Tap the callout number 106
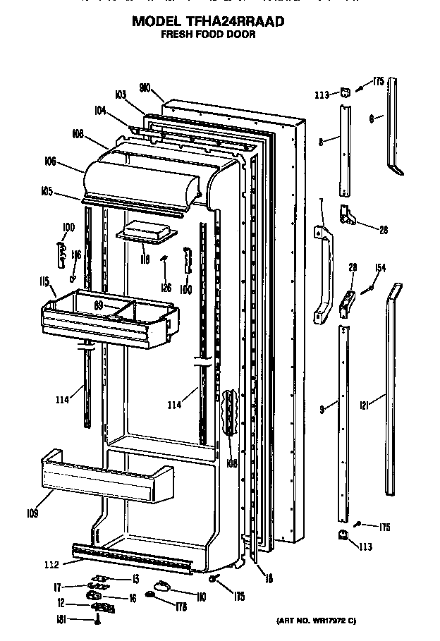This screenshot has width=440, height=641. (49, 161)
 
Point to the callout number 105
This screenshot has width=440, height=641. (47, 190)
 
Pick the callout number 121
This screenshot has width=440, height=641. (365, 405)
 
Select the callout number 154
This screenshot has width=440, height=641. (380, 268)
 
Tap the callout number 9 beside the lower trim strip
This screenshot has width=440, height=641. (322, 408)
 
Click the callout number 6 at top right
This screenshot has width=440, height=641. (372, 120)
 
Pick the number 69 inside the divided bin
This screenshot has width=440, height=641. (99, 305)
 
